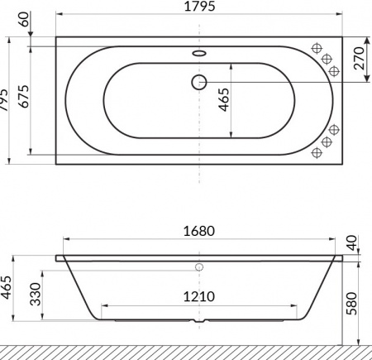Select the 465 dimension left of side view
pyautogui.click(x=7, y=290)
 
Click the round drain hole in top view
pyautogui.click(x=199, y=81)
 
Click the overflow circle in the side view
pyautogui.click(x=199, y=268)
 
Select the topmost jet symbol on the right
pyautogui.click(x=318, y=48)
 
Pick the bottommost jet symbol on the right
pyautogui.click(x=318, y=154)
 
